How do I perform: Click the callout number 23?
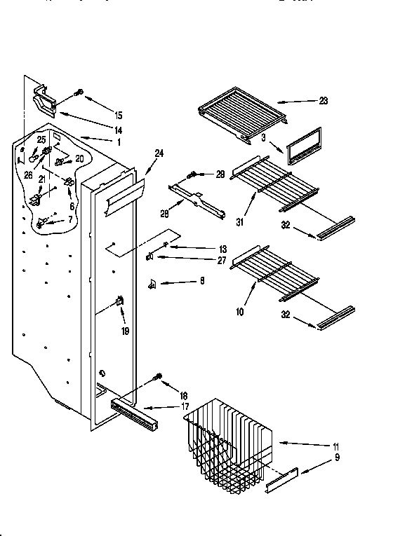(323, 100)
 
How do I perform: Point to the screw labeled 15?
(79, 92)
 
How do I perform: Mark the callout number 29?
(220, 174)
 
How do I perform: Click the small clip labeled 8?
(152, 282)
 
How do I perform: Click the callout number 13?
(204, 248)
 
